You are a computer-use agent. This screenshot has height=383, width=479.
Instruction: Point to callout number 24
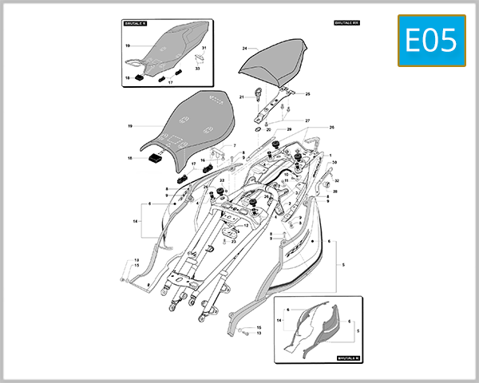tap(244, 49)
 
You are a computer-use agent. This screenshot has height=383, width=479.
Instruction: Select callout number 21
tap(241, 97)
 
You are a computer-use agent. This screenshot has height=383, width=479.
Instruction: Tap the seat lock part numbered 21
tap(259, 96)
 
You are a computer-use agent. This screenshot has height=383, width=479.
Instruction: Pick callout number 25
tap(307, 94)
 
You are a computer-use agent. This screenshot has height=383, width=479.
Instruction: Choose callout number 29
tap(289, 129)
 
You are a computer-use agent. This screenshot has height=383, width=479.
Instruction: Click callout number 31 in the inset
tap(204, 49)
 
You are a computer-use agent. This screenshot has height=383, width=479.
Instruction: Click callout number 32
tap(336, 181)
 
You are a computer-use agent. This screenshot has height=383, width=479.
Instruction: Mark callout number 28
tap(336, 191)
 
